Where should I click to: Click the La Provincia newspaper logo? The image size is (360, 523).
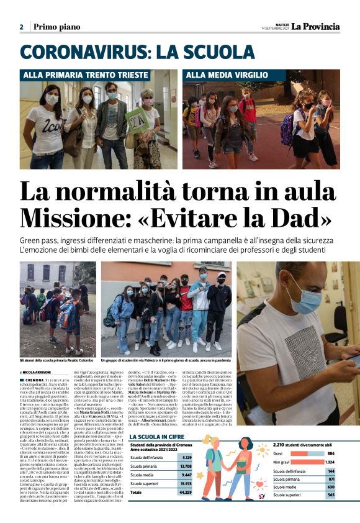coord(317,26)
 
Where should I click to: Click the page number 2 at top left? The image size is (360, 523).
coord(21,27)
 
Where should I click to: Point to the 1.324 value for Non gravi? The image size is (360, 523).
coord(329,462)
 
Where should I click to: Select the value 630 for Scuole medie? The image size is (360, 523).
coord(331,487)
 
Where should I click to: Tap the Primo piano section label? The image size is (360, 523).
coord(53,27)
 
